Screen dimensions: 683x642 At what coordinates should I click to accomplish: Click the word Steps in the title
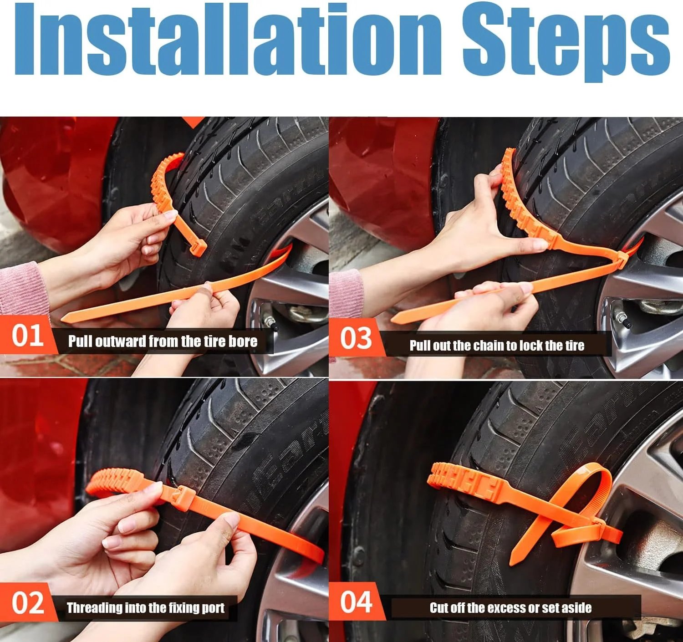[566, 43]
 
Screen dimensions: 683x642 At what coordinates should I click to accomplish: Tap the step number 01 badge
[27, 336]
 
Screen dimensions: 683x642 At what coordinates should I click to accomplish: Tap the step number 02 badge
[27, 602]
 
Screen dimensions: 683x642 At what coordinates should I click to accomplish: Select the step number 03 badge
[356, 339]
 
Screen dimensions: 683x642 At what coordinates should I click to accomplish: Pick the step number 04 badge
[356, 602]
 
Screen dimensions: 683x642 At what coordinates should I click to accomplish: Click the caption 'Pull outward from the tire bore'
[163, 341]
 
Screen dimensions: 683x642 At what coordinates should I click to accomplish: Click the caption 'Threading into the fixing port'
[145, 607]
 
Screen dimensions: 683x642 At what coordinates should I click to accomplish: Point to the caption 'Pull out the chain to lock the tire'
[497, 345]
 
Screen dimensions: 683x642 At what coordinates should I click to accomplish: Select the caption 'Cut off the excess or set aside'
[511, 607]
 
